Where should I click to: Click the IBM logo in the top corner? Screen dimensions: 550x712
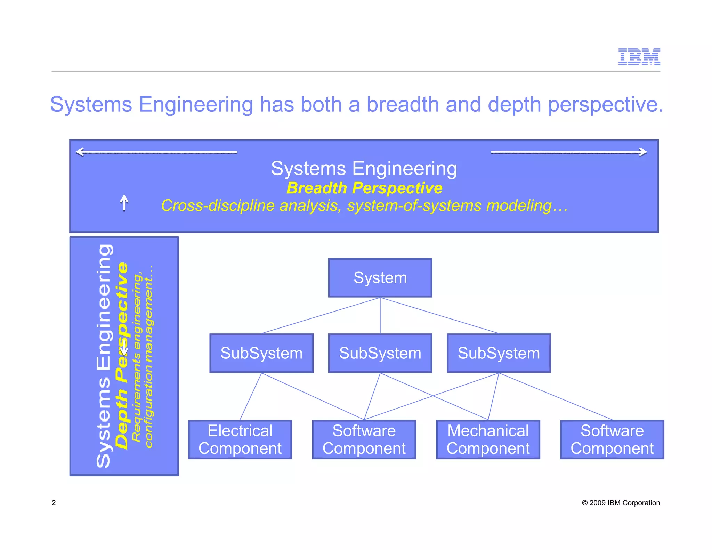[639, 57]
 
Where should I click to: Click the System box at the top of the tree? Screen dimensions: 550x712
[380, 278]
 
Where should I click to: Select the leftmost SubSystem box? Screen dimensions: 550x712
[261, 353]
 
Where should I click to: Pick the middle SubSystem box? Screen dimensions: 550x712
[380, 353]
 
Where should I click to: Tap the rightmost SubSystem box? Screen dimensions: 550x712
[499, 353]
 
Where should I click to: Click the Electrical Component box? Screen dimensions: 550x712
[240, 439]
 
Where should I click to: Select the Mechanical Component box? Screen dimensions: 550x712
[488, 439]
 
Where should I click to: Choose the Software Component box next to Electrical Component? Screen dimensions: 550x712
[364, 439]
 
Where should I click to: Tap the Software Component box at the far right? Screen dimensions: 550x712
[612, 439]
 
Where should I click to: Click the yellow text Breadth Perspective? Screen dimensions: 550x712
[364, 188]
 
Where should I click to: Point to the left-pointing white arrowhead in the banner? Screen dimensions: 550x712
[80, 152]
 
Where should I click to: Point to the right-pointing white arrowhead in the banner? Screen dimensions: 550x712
[643, 152]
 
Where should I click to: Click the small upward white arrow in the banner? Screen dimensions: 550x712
[124, 202]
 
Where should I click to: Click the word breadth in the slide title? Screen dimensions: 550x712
[403, 104]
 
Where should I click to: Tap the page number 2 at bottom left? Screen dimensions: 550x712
[54, 503]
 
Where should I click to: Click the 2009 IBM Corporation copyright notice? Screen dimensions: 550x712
[621, 503]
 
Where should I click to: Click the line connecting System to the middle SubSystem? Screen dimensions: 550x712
[380, 316]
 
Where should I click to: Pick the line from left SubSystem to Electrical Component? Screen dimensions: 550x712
[250, 396]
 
